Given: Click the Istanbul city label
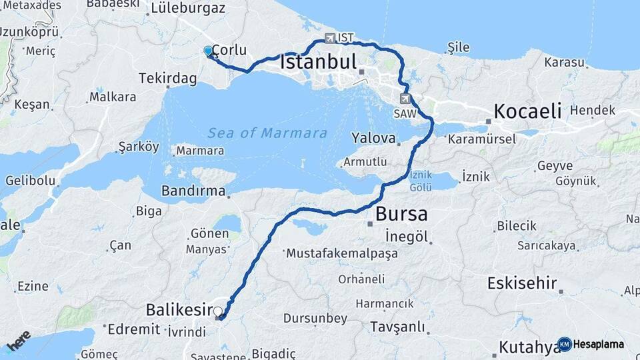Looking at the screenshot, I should pyautogui.click(x=319, y=63).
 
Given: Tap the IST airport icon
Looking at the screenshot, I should pyautogui.click(x=331, y=38).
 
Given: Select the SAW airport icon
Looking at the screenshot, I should pyautogui.click(x=405, y=99).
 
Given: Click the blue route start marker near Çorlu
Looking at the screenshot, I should pyautogui.click(x=208, y=51).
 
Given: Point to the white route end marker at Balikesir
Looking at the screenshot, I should pyautogui.click(x=217, y=311).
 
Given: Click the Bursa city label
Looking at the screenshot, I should pyautogui.click(x=401, y=214).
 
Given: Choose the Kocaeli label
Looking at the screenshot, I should pyautogui.click(x=527, y=111).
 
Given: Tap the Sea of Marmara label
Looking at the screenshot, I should pyautogui.click(x=267, y=133).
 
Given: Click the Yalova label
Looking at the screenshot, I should pyautogui.click(x=373, y=137).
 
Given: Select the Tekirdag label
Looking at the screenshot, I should pyautogui.click(x=167, y=79).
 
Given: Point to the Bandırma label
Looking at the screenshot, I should pyautogui.click(x=193, y=191).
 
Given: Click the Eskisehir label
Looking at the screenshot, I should pyautogui.click(x=522, y=283).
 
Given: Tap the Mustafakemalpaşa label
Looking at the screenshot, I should pyautogui.click(x=341, y=253).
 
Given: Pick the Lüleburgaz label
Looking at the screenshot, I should pyautogui.click(x=188, y=9).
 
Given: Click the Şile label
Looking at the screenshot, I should pyautogui.click(x=459, y=48).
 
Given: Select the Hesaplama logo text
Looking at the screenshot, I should pyautogui.click(x=598, y=344).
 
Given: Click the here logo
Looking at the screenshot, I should pyautogui.click(x=19, y=341).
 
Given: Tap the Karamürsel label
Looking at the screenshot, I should pyautogui.click(x=482, y=139).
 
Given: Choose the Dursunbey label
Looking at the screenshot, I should pyautogui.click(x=316, y=319).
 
